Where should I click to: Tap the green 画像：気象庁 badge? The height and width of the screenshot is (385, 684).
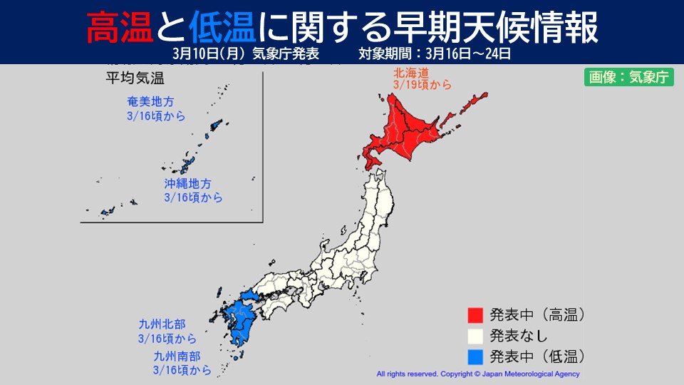click(x=628, y=78)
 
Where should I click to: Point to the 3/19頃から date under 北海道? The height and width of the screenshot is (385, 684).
click(x=421, y=86)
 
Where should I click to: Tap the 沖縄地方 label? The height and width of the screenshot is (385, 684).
click(x=187, y=184)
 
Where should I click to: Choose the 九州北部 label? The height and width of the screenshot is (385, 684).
click(x=162, y=325)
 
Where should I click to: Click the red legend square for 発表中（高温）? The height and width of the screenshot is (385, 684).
click(x=475, y=314)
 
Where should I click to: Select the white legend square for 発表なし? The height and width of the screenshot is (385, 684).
click(x=475, y=334)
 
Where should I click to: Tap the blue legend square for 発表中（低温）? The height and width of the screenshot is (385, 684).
click(x=475, y=354)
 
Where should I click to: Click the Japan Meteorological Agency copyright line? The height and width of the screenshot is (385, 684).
click(x=477, y=374)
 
